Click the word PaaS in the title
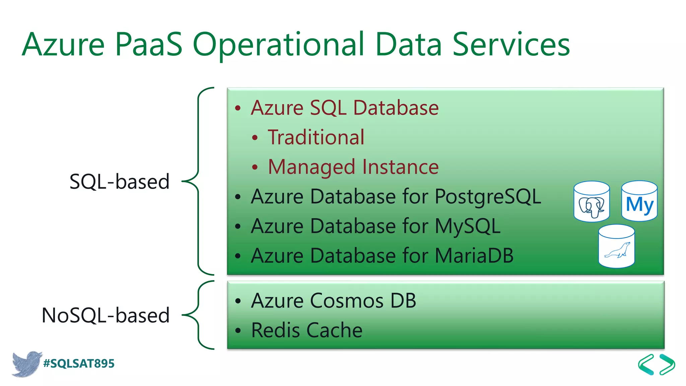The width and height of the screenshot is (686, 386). pyautogui.click(x=149, y=44)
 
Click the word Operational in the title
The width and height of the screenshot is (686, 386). pyautogui.click(x=278, y=44)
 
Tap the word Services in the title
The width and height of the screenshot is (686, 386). pyautogui.click(x=511, y=44)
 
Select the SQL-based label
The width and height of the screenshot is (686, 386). pyautogui.click(x=119, y=182)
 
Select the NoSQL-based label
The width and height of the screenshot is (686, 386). pyautogui.click(x=106, y=315)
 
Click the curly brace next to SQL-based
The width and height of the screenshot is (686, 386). pyautogui.click(x=198, y=181)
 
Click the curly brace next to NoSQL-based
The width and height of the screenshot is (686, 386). pyautogui.click(x=198, y=315)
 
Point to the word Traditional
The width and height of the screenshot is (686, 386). pyautogui.click(x=316, y=137)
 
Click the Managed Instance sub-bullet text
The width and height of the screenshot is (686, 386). pyautogui.click(x=353, y=167)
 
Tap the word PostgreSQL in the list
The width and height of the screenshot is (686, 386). pyautogui.click(x=487, y=196)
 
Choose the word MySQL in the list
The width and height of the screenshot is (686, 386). pyautogui.click(x=468, y=226)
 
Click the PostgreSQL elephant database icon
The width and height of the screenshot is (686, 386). pyautogui.click(x=592, y=202)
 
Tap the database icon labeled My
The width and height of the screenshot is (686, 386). pyautogui.click(x=639, y=201)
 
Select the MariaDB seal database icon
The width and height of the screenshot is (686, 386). pyautogui.click(x=616, y=246)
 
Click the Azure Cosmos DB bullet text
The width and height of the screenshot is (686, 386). pyautogui.click(x=333, y=301)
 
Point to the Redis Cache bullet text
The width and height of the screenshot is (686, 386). pyautogui.click(x=306, y=330)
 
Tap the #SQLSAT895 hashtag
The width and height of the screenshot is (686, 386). pyautogui.click(x=79, y=364)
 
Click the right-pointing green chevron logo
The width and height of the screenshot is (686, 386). pyautogui.click(x=667, y=364)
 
